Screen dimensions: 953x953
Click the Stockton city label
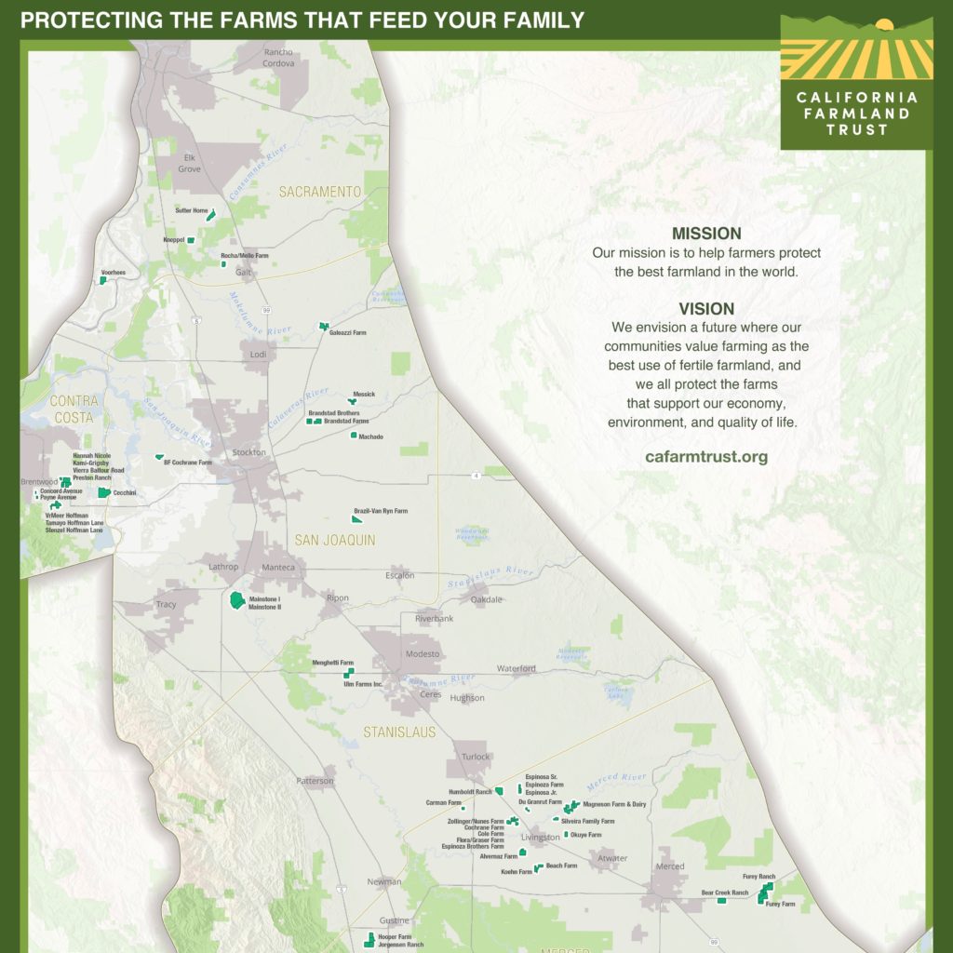248,452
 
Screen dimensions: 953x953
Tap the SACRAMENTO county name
319,192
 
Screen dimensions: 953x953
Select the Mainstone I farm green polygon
237,599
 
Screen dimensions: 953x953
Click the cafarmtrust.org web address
706,457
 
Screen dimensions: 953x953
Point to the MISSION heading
706,234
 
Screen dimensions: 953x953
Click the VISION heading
706,309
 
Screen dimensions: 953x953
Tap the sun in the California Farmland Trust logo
885,24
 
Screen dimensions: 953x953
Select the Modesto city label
422,654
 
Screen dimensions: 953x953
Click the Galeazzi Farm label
347,332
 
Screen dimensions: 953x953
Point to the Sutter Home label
191,211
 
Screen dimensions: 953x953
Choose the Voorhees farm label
113,273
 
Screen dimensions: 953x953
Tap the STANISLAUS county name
399,732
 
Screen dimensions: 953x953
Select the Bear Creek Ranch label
724,893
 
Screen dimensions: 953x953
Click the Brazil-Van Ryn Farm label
380,511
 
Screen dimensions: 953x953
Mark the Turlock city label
476,757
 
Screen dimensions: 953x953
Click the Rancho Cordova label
278,58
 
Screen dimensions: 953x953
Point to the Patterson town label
315,781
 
